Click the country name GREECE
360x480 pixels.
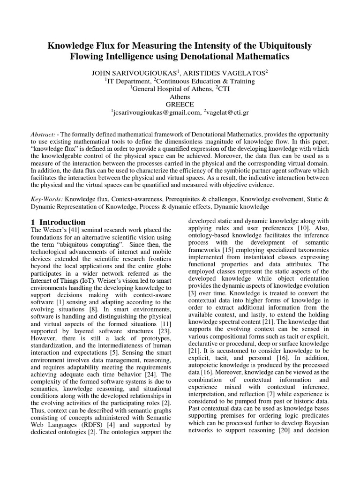[180, 104]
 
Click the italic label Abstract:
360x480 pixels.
[45, 134]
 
